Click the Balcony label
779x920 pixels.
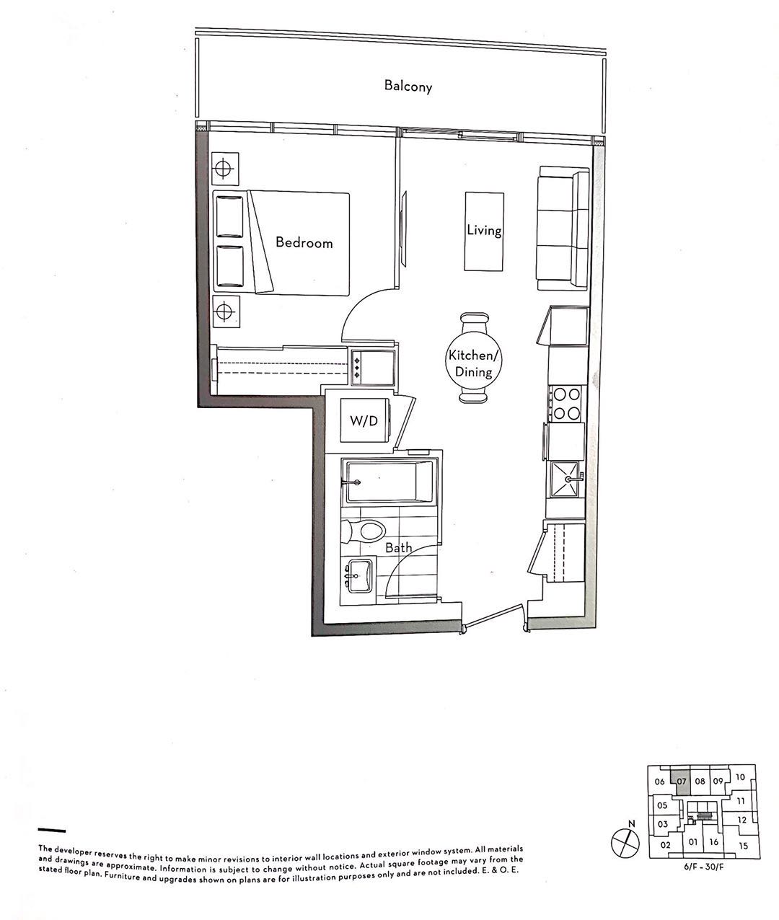pos(408,87)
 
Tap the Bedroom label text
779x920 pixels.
pos(304,243)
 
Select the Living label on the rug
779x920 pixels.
pos(484,231)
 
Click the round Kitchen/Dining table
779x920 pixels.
pos(470,358)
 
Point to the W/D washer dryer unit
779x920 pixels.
pos(364,421)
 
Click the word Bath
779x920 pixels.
pos(398,548)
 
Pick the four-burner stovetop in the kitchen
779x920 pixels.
pos(566,404)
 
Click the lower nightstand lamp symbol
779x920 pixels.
pos(224,311)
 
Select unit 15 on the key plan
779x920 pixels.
pos(743,846)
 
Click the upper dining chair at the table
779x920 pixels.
pos(474,321)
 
